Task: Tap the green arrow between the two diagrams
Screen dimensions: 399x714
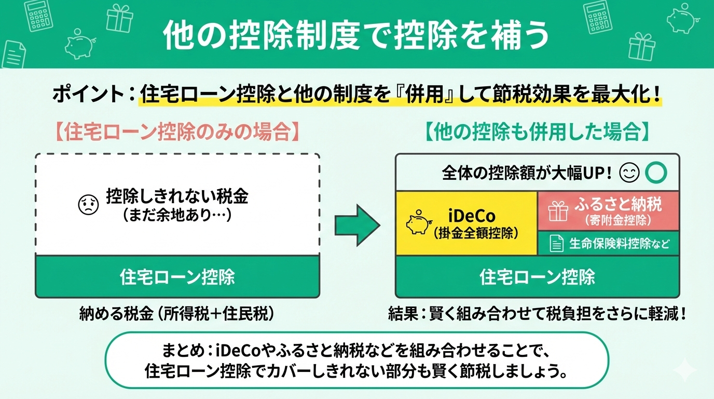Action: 357,225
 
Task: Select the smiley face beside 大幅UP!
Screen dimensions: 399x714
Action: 630,174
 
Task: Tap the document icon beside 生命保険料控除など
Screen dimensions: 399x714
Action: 556,243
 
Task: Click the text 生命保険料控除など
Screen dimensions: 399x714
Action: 619,243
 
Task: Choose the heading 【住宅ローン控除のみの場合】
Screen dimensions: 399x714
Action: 177,132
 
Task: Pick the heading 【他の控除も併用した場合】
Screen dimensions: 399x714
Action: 537,132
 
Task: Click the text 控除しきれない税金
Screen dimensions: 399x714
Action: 177,196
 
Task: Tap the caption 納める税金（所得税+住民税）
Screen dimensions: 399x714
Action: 177,313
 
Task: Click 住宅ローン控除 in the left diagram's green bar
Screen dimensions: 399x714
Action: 177,276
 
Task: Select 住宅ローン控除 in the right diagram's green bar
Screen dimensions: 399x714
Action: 537,276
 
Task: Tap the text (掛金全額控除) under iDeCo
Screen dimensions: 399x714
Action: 476,234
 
